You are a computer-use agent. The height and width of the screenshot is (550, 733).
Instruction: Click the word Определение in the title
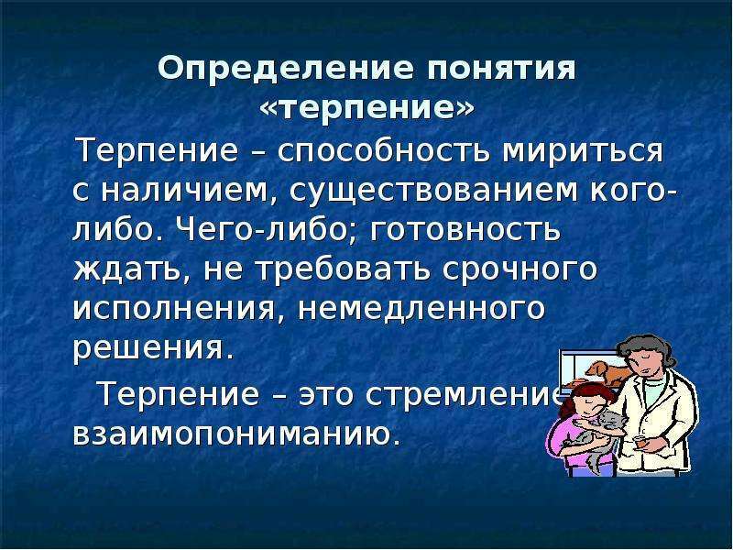pyautogui.click(x=286, y=70)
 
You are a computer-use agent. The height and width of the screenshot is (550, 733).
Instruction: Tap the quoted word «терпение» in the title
pyautogui.click(x=366, y=108)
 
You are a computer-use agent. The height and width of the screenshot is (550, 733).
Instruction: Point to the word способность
pyautogui.click(x=378, y=151)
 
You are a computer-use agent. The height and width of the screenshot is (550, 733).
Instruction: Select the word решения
pyautogui.click(x=152, y=348)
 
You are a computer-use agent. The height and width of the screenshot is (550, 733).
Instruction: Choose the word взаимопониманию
pyautogui.click(x=237, y=433)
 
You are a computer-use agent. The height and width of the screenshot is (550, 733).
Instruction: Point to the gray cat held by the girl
pyautogui.click(x=594, y=437)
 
